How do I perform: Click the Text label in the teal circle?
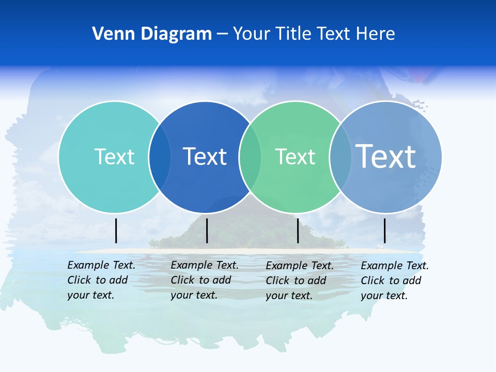coord(114,157)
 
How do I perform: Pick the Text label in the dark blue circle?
coord(205,157)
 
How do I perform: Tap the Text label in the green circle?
coord(295,157)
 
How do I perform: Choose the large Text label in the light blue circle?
coord(386,156)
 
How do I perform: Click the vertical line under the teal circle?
coord(116,230)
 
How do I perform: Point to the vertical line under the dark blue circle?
coord(207,230)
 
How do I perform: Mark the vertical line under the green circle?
coord(298,230)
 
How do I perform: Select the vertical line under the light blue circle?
coord(385,230)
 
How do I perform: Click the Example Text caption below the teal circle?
coord(101,280)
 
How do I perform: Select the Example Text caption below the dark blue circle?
coord(205,280)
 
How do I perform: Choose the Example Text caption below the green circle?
coord(300,281)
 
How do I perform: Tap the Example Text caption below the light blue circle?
coord(395,281)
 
